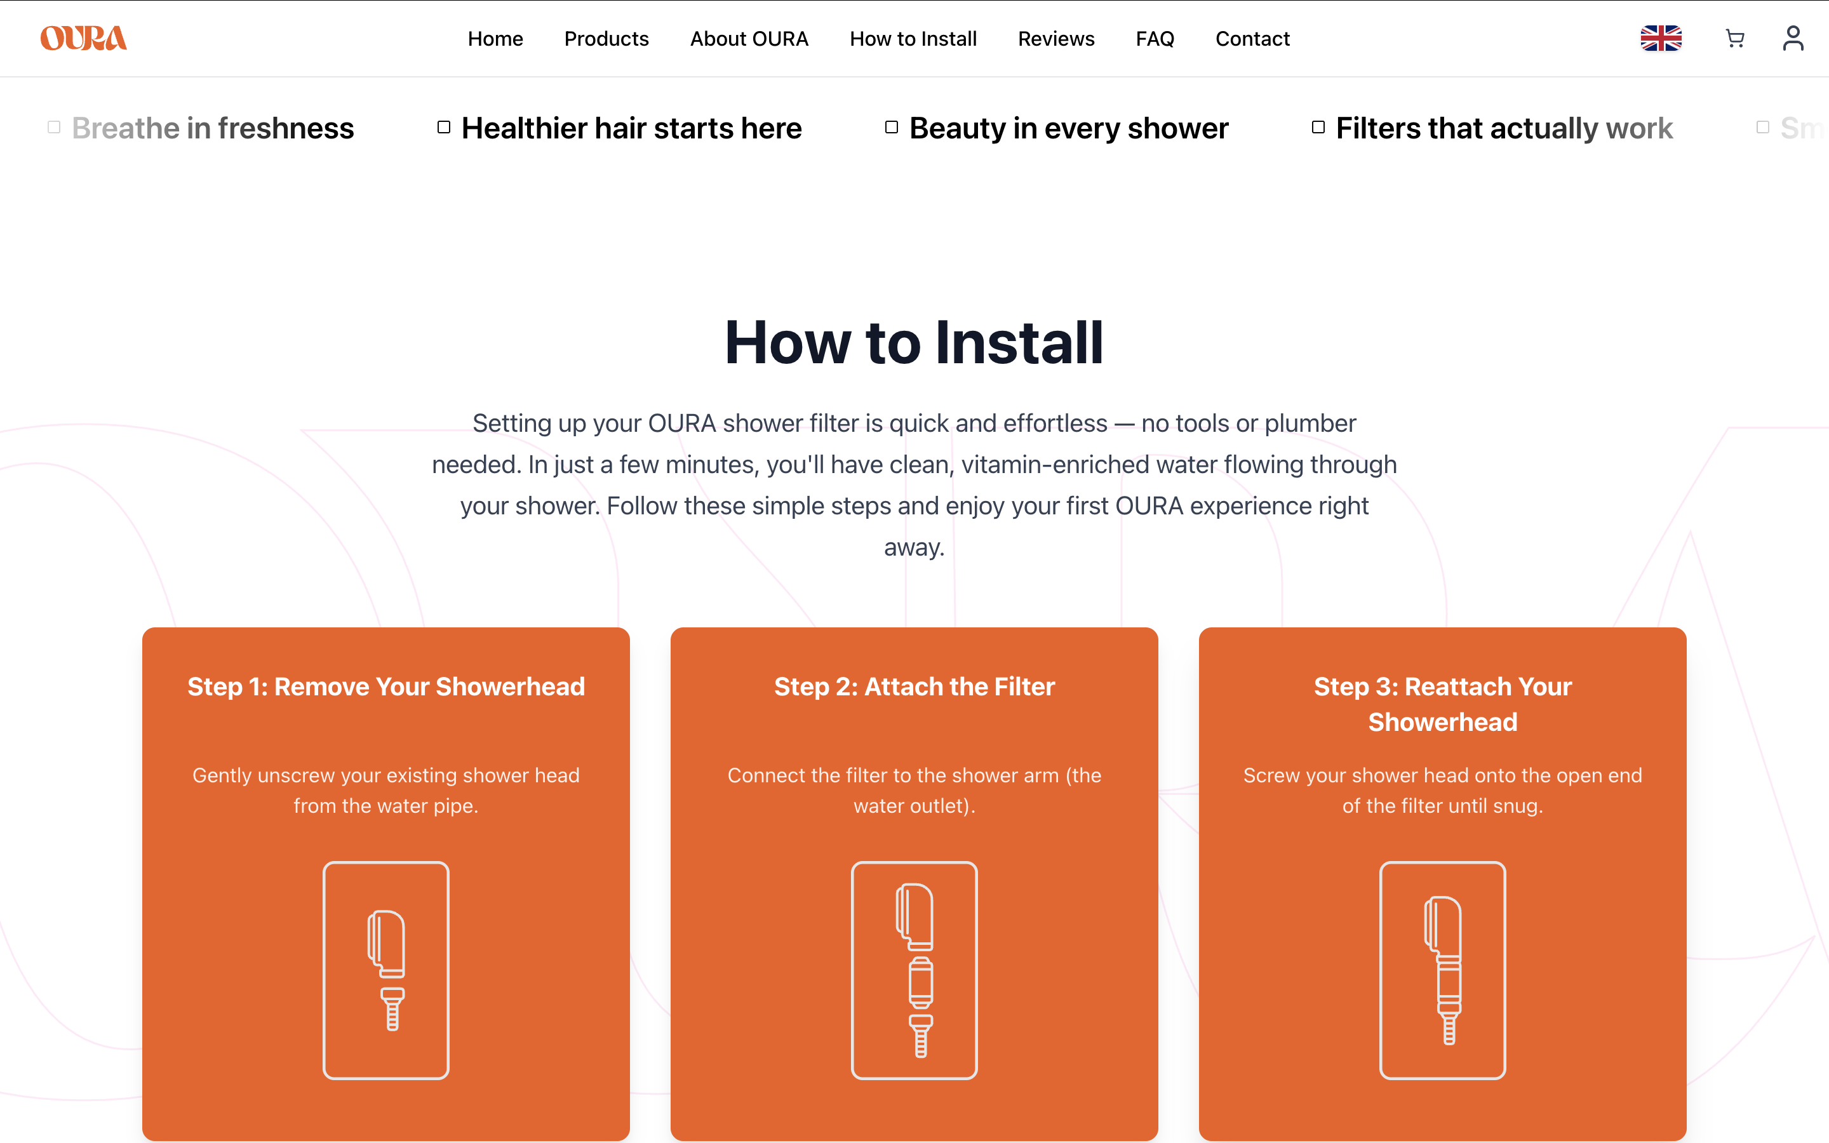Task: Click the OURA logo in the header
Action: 83,38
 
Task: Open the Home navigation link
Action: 495,39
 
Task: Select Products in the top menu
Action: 606,39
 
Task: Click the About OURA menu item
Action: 749,39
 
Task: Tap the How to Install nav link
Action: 913,39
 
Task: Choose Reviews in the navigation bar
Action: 1056,39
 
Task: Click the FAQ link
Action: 1155,39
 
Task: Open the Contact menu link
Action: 1252,39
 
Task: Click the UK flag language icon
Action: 1661,38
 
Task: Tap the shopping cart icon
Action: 1734,38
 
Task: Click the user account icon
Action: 1793,38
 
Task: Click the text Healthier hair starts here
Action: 631,128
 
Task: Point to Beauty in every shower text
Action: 1068,128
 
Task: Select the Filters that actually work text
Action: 1503,128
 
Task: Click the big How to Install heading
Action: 914,342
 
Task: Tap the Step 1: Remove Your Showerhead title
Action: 385,686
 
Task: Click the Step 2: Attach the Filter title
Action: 914,686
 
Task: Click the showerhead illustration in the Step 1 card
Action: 386,970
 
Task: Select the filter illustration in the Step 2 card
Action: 914,970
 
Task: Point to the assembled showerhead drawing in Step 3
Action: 1442,970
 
